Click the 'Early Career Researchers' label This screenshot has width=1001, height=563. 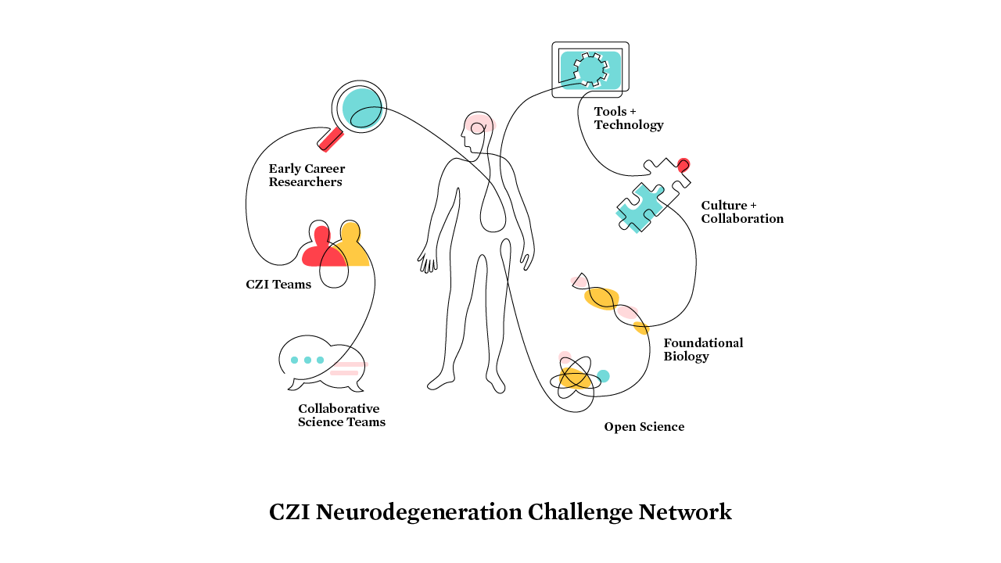[x=307, y=175]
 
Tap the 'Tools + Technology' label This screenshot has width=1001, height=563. [x=628, y=118]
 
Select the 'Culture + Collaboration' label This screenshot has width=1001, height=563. [x=741, y=212]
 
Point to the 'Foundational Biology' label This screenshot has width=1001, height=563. [x=703, y=350]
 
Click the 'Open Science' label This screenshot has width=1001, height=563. [x=644, y=427]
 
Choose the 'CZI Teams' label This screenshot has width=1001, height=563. [x=278, y=285]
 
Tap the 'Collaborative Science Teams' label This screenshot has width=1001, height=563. [x=341, y=415]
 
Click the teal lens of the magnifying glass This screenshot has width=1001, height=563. [x=361, y=106]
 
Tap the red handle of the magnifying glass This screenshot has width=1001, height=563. [x=331, y=139]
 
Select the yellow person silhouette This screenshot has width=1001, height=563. [x=353, y=247]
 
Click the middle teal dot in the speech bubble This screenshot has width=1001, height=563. [x=307, y=360]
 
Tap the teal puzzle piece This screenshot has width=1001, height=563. [x=641, y=208]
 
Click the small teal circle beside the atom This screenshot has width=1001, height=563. [x=603, y=376]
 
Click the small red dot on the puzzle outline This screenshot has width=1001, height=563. [x=683, y=164]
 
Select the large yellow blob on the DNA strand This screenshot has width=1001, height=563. [x=601, y=298]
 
